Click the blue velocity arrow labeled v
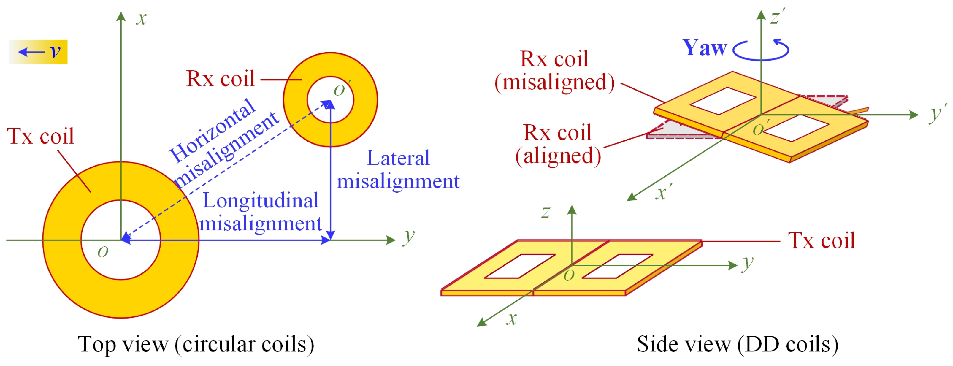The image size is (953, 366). click(x=31, y=51)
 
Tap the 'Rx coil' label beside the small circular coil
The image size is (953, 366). click(x=221, y=79)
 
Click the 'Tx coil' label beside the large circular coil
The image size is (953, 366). click(x=41, y=136)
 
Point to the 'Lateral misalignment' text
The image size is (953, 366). click(x=398, y=170)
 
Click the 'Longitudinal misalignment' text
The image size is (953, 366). click(x=261, y=212)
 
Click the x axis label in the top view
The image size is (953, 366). click(x=141, y=18)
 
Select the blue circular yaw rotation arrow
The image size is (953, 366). click(x=761, y=51)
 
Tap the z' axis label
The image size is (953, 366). click(x=777, y=17)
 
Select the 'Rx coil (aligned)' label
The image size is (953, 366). click(x=558, y=144)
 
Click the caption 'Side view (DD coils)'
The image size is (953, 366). click(x=737, y=344)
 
